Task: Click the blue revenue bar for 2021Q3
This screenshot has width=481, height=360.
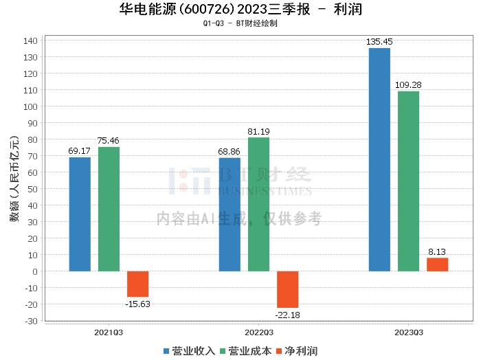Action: point(80,214)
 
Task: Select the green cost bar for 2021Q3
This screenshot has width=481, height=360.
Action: point(109,209)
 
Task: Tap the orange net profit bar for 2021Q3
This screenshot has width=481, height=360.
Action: point(137,284)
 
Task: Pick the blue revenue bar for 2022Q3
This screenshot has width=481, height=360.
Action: point(230,214)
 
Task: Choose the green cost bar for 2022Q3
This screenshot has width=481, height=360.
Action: point(258,204)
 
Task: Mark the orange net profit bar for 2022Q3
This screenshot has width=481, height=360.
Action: point(287,289)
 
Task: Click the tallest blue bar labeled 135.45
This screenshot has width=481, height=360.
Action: point(379,159)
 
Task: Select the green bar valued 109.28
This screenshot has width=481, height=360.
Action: point(408,181)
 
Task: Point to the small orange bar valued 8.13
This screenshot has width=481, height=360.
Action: point(437,265)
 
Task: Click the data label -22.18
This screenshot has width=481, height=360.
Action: point(287,315)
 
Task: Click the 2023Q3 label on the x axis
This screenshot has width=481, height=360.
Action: point(408,332)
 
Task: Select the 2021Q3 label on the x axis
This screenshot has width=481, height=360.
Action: point(109,332)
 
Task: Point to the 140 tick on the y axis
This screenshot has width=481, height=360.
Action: point(31,41)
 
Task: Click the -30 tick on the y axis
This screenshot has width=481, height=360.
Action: point(31,321)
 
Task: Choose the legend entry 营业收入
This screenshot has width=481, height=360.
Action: point(189,350)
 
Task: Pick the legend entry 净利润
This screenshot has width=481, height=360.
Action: point(296,350)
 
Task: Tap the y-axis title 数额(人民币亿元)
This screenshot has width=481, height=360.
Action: point(13,181)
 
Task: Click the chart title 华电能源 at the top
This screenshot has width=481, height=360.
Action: point(144,10)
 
